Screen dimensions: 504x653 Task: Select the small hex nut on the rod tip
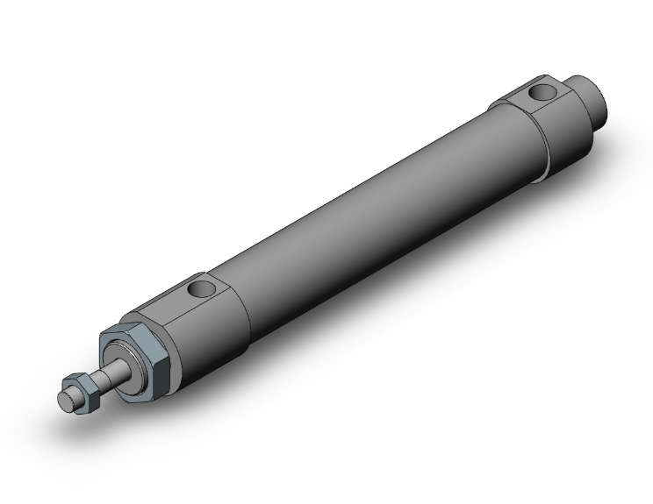coord(80,391)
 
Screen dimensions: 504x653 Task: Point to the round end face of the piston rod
coord(64,399)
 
